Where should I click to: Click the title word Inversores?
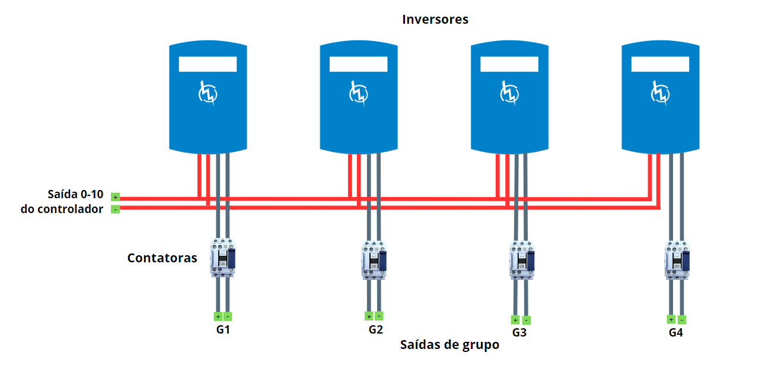(435, 20)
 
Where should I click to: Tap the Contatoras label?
(162, 258)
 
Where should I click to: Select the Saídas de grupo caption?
(449, 345)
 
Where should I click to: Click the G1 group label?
(223, 330)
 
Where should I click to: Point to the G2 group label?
(375, 330)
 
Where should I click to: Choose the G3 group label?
(519, 333)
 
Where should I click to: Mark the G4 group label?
(675, 333)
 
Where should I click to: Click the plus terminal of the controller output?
(115, 197)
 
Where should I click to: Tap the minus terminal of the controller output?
(115, 209)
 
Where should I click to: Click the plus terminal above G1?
(218, 316)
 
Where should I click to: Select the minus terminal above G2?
(379, 316)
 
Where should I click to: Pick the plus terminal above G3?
(515, 320)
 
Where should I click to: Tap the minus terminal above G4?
(682, 319)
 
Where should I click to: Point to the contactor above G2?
(374, 259)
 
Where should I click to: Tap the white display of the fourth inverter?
(660, 64)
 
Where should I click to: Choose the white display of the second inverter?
(359, 64)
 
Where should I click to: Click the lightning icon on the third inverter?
(509, 93)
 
